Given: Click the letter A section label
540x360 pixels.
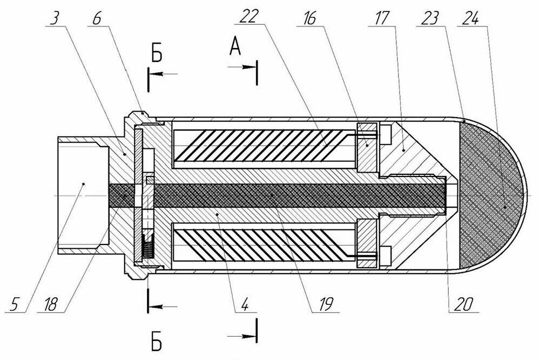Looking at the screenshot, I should pyautogui.click(x=235, y=49).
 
